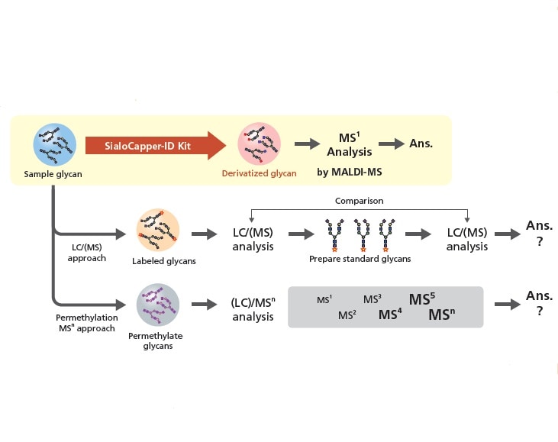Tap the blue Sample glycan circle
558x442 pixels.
pyautogui.click(x=53, y=144)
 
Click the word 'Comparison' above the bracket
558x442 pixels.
pyautogui.click(x=359, y=200)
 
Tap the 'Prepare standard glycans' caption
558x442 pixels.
pyautogui.click(x=360, y=259)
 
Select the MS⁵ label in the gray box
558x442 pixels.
pyautogui.click(x=421, y=299)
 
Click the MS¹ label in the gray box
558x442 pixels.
pyautogui.click(x=324, y=300)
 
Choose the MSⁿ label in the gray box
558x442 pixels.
pyautogui.click(x=442, y=315)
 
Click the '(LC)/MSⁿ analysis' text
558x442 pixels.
pyautogui.click(x=253, y=309)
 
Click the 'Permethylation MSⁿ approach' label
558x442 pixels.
pyautogui.click(x=85, y=322)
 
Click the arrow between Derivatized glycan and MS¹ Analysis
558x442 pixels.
pyautogui.click(x=306, y=144)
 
